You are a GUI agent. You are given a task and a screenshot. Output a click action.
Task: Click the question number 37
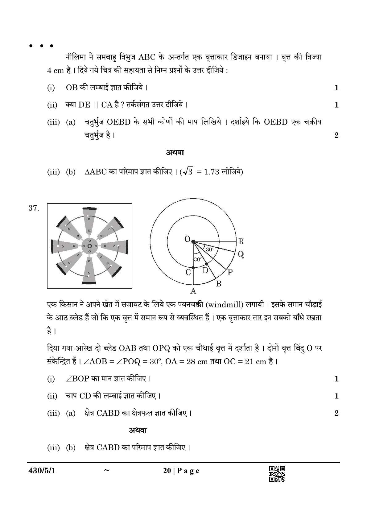[x=34, y=208]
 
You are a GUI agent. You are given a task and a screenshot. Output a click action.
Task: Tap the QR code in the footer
[x=277, y=474]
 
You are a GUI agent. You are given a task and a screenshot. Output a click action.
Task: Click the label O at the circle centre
[x=187, y=239]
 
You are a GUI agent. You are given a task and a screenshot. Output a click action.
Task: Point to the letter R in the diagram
[x=241, y=241]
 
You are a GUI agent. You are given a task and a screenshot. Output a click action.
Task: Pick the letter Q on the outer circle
[x=241, y=254]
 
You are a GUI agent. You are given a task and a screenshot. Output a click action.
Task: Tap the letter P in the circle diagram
[x=230, y=272]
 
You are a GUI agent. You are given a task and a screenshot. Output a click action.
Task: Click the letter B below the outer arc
[x=219, y=284]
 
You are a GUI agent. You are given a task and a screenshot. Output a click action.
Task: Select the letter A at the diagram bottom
[x=193, y=290]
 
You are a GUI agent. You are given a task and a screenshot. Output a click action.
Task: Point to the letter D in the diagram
[x=205, y=271]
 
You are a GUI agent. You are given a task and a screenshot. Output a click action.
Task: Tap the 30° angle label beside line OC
[x=198, y=259]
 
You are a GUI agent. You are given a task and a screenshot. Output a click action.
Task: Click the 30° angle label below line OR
[x=210, y=249]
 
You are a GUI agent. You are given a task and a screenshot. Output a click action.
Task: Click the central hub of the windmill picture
[x=89, y=246]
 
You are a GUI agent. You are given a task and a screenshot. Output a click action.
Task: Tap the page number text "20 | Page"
[x=177, y=471]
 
